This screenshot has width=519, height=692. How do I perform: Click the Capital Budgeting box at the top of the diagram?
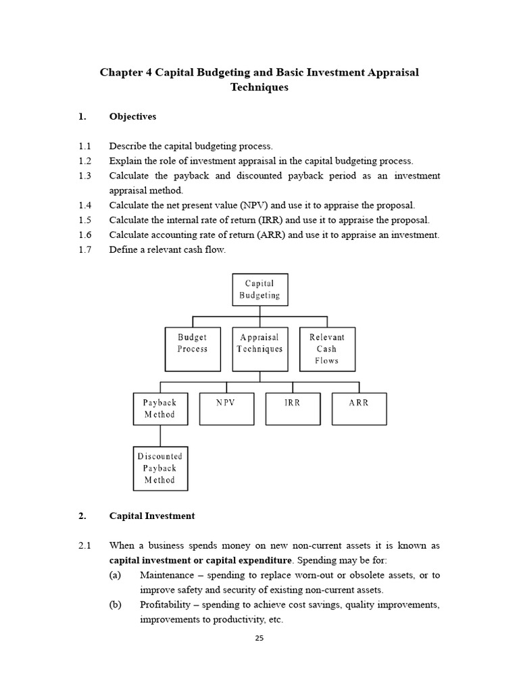259,289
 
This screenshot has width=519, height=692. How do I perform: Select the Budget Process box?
193,349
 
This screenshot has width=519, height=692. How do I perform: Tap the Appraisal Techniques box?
259,349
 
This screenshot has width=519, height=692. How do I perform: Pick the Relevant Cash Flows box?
326,349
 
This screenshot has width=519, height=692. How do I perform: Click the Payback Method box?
159,408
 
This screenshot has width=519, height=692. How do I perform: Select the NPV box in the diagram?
226,408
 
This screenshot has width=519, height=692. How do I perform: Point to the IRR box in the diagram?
293,408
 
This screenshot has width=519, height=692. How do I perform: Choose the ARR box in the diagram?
360,408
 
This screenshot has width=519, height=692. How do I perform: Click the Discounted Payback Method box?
159,468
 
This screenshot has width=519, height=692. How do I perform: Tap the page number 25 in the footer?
259,638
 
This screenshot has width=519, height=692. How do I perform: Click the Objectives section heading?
132,117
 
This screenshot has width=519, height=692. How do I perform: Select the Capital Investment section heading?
152,516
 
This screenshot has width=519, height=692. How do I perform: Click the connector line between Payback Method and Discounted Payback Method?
160,435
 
